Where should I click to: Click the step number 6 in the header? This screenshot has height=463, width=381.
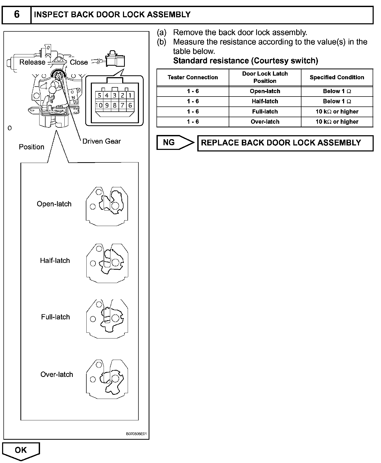click(16, 14)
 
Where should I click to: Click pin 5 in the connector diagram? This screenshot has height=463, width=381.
click(99, 95)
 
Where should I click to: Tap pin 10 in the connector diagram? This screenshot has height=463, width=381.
click(99, 105)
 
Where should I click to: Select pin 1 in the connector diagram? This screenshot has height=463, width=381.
click(130, 95)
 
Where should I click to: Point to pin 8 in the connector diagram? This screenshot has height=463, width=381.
click(115, 105)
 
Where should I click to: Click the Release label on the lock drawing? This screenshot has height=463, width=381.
click(32, 62)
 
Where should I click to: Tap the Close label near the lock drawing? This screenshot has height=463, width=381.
click(79, 62)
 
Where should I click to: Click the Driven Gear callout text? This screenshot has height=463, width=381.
click(102, 141)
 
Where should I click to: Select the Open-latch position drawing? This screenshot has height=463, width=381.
click(107, 206)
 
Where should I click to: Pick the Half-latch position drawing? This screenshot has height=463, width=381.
click(107, 263)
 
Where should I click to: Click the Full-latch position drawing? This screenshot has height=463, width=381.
click(107, 319)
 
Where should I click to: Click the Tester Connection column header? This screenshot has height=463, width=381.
click(193, 77)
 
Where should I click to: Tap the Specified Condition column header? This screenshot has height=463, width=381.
click(337, 77)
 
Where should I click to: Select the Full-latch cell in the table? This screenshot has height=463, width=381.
click(265, 112)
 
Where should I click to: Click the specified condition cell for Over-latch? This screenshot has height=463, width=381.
click(337, 122)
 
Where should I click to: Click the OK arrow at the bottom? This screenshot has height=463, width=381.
click(21, 450)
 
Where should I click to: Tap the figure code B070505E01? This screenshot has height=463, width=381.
click(136, 434)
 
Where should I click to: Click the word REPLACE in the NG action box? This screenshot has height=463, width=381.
click(219, 143)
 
